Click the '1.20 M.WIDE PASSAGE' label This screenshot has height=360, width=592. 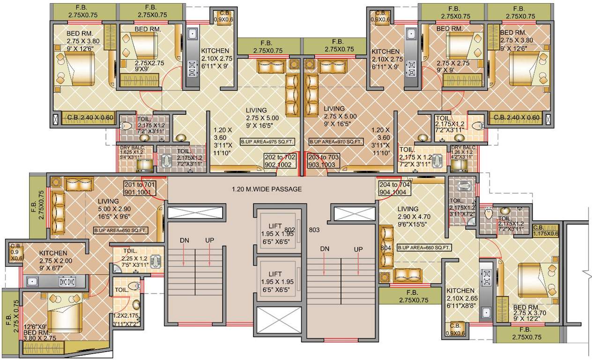[266, 189]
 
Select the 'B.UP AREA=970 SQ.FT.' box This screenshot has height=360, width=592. [335, 141]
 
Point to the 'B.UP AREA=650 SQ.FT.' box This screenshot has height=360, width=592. [121, 230]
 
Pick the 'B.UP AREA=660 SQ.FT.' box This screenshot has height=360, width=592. [424, 247]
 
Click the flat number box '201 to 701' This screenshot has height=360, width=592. [146, 188]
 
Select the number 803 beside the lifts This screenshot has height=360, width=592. [314, 230]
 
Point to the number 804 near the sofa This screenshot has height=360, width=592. [385, 247]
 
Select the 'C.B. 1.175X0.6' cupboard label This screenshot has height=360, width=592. [546, 230]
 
